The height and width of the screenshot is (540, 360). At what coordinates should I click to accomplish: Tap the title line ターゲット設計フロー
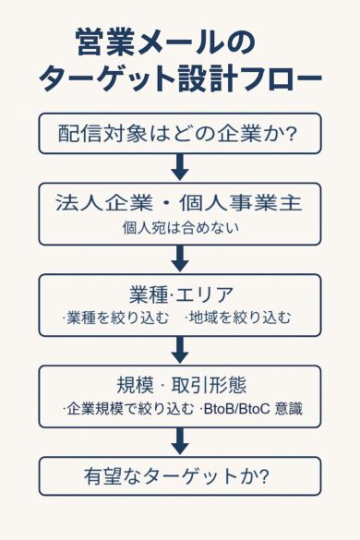[x=180, y=79]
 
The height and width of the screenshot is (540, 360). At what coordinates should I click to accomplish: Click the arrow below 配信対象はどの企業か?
[x=180, y=167]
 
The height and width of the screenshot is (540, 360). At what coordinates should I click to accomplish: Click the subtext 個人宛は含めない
[x=180, y=226]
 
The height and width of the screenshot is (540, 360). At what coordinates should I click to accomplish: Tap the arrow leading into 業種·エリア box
[x=180, y=258]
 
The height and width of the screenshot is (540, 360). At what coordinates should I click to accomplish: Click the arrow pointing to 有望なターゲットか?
[x=180, y=441]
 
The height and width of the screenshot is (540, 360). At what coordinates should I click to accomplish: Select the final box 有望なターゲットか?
[x=180, y=476]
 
